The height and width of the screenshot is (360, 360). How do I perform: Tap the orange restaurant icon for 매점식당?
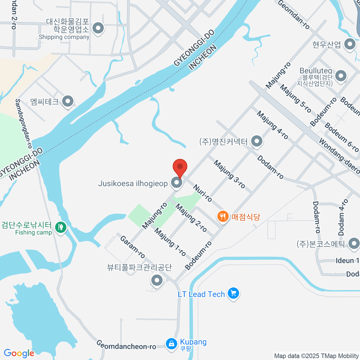223,216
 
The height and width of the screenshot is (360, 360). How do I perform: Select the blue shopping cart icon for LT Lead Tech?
233,293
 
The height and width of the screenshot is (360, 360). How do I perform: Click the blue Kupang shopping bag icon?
171,343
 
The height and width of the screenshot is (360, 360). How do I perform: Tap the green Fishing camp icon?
61,227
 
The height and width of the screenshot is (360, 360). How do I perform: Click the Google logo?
19,353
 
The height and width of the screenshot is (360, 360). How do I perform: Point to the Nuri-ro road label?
202,193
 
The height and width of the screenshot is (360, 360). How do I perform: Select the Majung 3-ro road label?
229,174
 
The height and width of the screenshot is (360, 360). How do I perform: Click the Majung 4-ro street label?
272,125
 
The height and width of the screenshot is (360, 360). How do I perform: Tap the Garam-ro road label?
133,247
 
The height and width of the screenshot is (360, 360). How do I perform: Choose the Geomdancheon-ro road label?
126,345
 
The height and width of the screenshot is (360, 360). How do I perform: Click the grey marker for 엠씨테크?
68,101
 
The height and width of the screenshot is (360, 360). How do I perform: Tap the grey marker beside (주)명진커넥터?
256,141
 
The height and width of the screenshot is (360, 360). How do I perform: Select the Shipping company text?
64,37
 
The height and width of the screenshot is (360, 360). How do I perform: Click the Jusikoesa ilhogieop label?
133,183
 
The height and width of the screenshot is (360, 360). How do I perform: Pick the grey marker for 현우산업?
349,45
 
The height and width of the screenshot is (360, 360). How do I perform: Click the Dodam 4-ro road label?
343,217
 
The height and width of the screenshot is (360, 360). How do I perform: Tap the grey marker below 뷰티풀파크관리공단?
157,281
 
